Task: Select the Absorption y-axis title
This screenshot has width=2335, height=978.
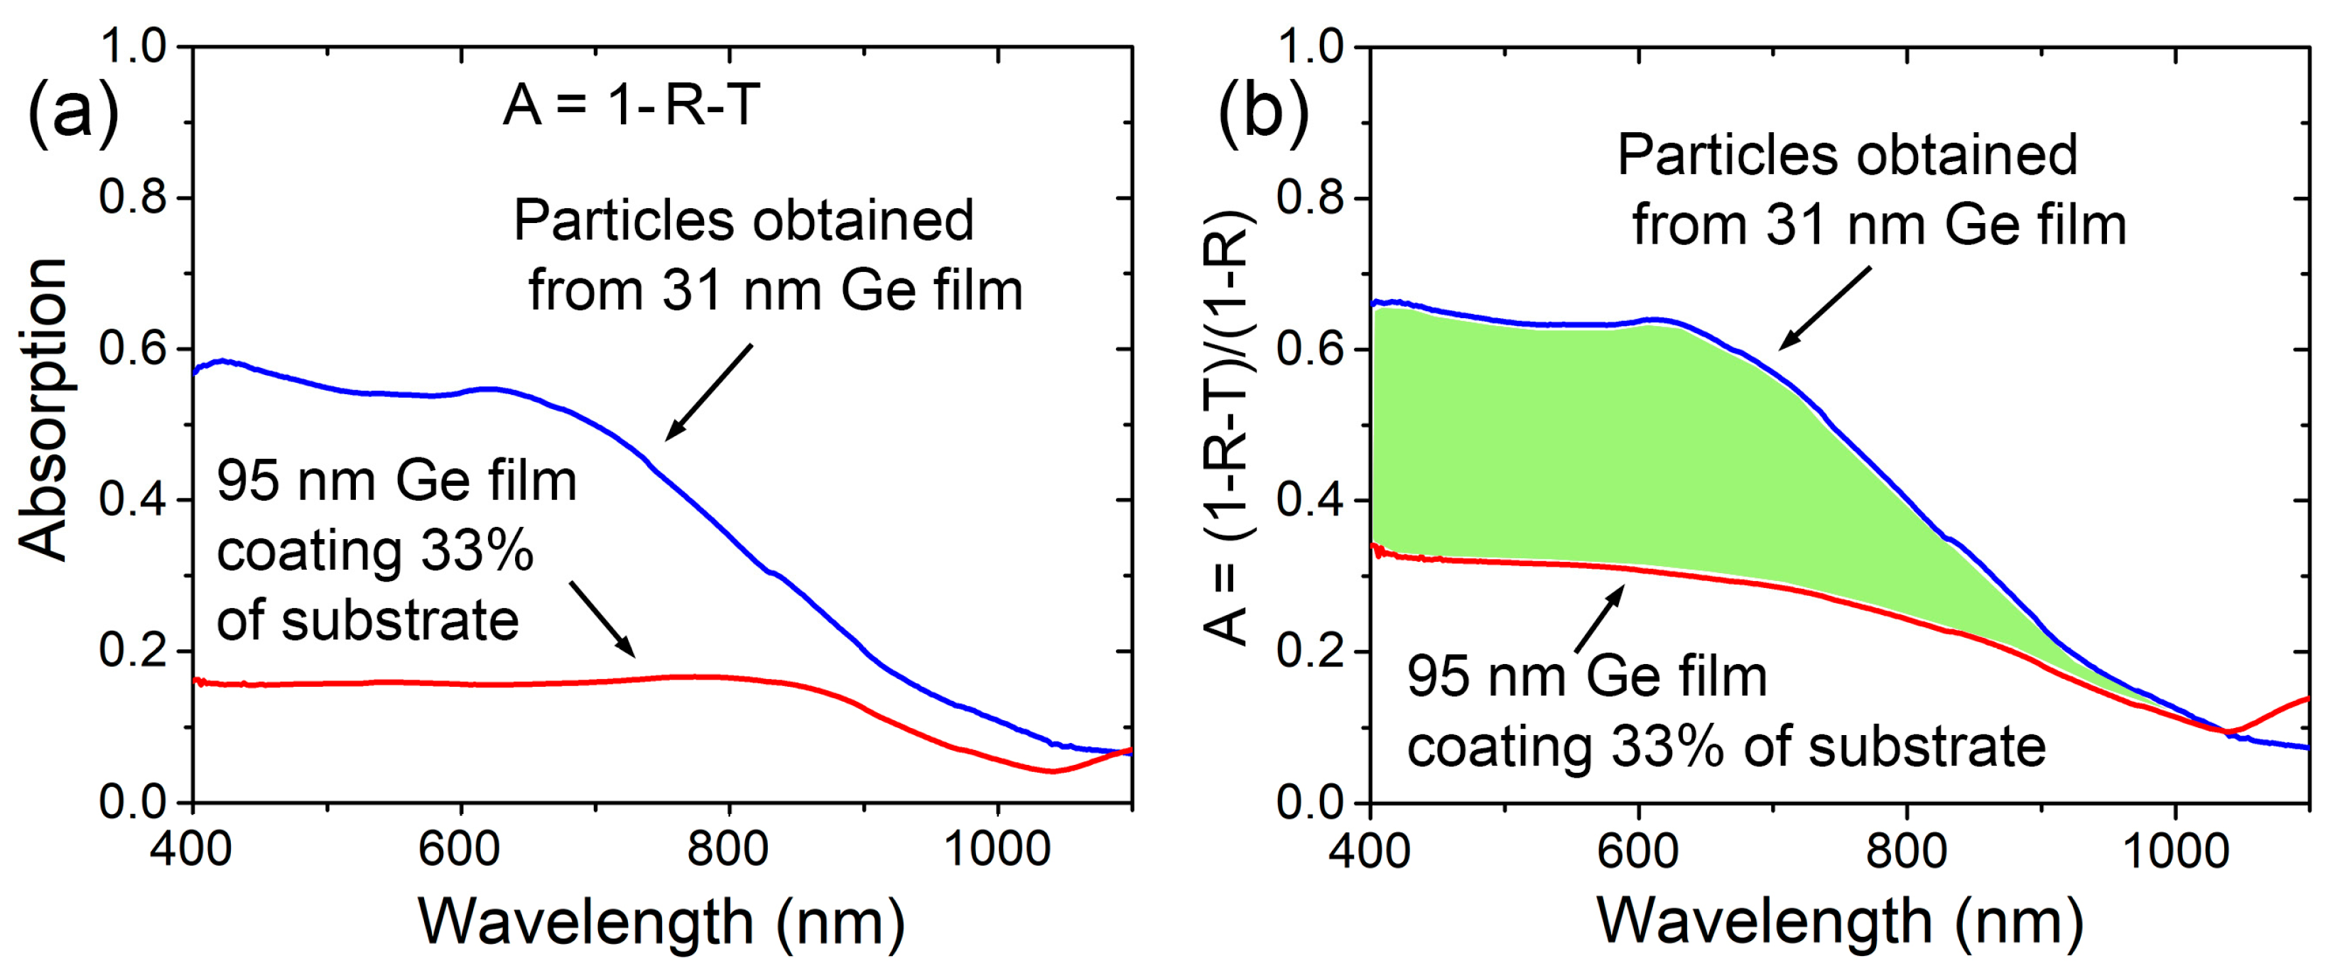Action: coord(43,410)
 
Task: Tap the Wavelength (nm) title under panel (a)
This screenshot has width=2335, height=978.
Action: coord(661,922)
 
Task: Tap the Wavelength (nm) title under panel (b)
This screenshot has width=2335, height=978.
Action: coord(1840,922)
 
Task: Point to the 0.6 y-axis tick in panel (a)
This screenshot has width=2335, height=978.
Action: coord(134,349)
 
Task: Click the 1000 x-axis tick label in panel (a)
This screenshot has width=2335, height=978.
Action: coord(997,850)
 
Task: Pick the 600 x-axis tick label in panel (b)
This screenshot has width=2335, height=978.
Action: coord(1638,850)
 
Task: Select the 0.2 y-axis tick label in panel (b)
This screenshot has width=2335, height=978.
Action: coord(1311,652)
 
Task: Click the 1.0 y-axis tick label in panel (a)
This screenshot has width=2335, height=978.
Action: coord(134,46)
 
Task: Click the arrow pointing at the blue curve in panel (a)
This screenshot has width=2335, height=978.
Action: coord(709,393)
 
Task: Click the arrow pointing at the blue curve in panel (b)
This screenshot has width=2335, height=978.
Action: coord(1824,308)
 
